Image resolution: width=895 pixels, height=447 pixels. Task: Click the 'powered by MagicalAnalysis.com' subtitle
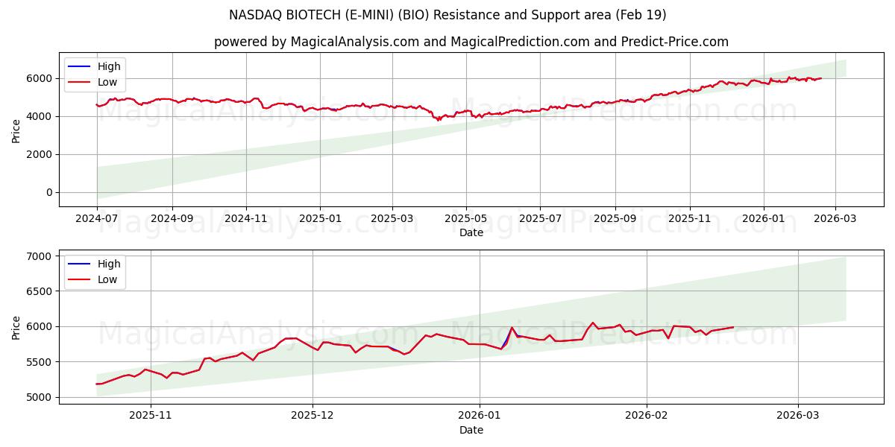[471, 42]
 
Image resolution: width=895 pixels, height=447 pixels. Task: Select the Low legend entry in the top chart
[108, 82]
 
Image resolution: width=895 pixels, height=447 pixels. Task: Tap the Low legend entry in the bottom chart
[108, 279]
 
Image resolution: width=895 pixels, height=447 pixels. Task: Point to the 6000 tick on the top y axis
[39, 78]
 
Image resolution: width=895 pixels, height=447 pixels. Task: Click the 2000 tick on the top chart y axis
[39, 154]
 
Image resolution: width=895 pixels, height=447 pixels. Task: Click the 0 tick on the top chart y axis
[48, 192]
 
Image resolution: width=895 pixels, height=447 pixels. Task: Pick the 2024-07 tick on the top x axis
[97, 219]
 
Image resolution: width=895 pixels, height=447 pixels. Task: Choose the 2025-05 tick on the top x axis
[466, 219]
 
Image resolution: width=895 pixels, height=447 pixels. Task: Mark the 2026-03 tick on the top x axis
[835, 219]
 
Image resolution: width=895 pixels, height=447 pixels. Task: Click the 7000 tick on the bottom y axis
[39, 256]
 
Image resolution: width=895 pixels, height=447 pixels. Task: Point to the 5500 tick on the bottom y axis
[39, 362]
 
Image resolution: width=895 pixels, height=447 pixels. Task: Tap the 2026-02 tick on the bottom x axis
[646, 416]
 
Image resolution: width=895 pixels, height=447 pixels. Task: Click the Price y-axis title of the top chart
[16, 130]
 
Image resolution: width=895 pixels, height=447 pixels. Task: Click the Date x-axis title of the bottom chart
[471, 430]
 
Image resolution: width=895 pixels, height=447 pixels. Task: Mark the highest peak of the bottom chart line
[593, 323]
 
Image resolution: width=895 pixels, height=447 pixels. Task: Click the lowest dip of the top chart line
[439, 120]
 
